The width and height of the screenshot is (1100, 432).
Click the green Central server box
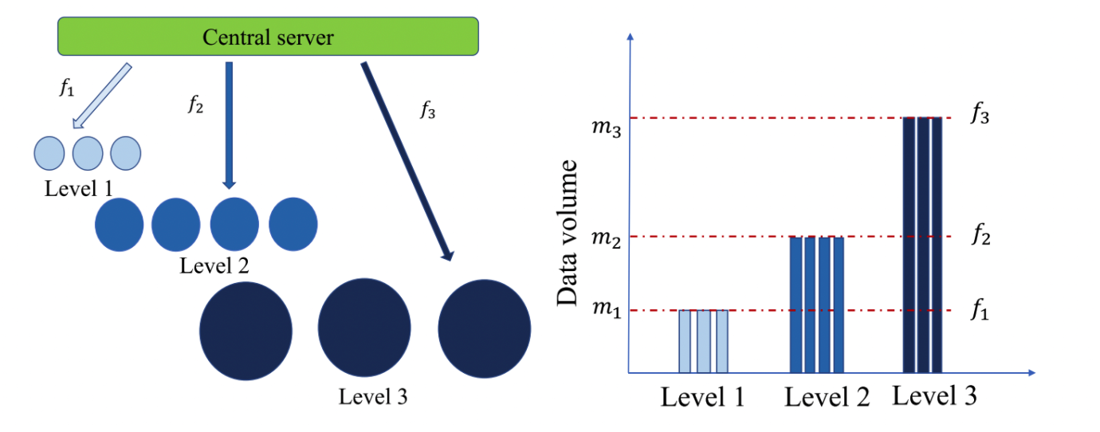click(268, 37)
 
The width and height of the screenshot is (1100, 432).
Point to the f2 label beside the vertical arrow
click(194, 104)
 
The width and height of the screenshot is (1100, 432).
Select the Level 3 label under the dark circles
click(373, 396)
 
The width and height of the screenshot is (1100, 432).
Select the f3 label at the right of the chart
click(980, 117)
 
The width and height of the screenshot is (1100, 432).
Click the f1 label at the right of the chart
click(980, 311)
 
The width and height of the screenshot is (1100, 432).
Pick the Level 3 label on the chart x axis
click(934, 395)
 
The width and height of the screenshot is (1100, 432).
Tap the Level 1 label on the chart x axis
click(702, 397)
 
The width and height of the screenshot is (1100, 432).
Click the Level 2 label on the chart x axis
click(826, 396)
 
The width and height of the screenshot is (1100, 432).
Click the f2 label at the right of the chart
click(980, 236)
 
